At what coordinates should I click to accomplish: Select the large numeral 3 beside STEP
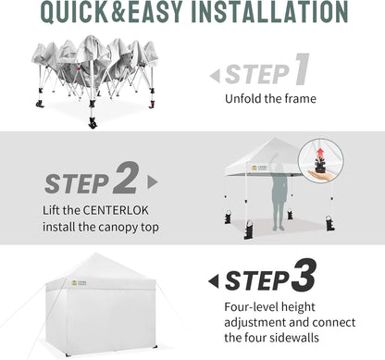click(303, 275)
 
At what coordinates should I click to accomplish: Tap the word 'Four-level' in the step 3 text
click(249, 306)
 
